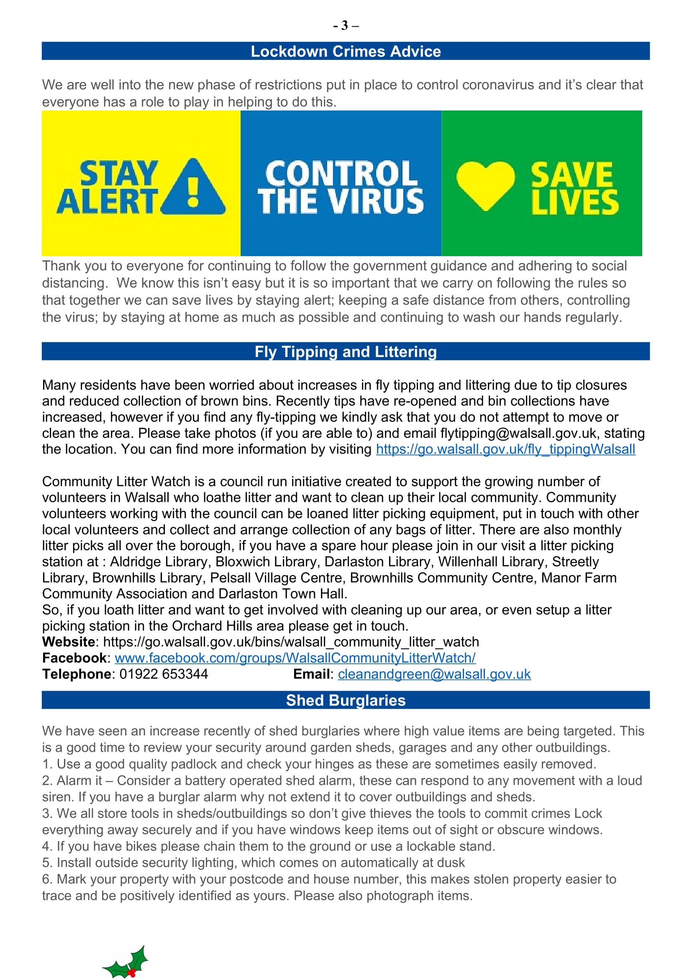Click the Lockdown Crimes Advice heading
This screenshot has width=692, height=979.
[x=346, y=51]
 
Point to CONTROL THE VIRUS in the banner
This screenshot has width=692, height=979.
[x=341, y=188]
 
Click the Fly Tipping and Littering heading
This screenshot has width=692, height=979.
[x=346, y=352]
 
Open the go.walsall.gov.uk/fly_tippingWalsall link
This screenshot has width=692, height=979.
[x=505, y=450]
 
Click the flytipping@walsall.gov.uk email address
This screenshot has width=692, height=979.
[x=518, y=433]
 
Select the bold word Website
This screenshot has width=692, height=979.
[x=69, y=642]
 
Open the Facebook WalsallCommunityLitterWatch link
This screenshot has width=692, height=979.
[x=295, y=658]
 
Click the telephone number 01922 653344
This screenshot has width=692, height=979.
[x=164, y=674]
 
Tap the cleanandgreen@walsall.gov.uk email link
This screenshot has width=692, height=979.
[x=434, y=674]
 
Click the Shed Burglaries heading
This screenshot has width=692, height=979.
[x=346, y=701]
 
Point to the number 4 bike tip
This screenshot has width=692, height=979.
[x=269, y=846]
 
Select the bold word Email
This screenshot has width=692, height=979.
[x=312, y=674]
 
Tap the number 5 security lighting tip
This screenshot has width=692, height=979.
[x=254, y=863]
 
